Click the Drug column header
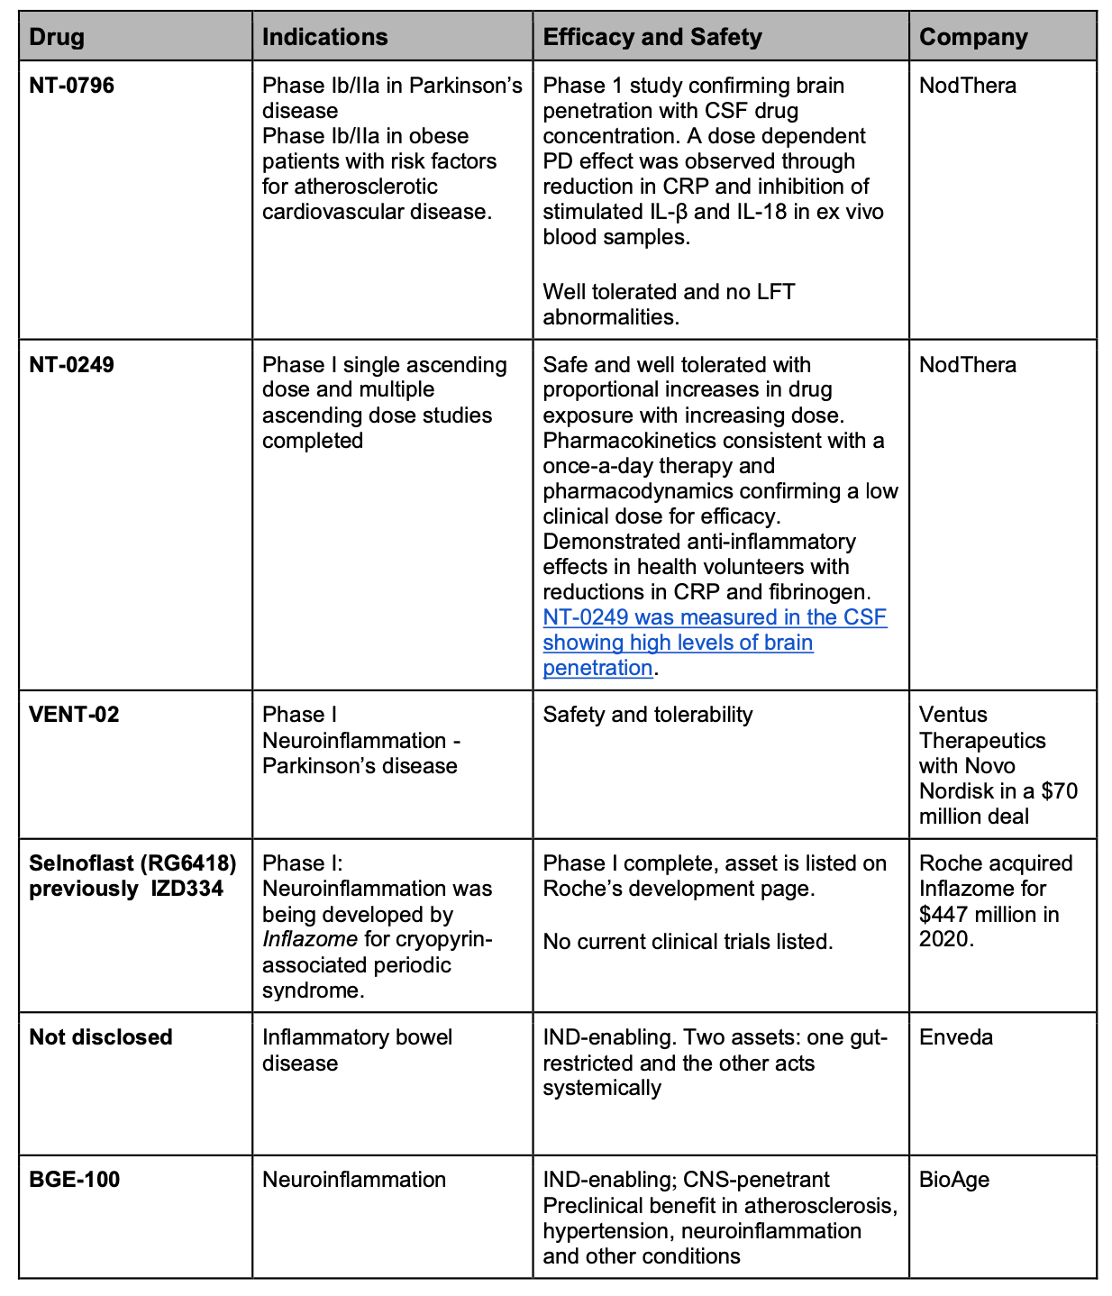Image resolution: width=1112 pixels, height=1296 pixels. coord(57,37)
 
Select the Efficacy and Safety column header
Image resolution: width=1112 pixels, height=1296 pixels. coord(652,37)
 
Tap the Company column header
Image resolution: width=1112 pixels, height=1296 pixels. coord(973,37)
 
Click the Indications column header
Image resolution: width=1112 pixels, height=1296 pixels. coord(324,37)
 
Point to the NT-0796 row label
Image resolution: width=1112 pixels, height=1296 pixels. coord(72,86)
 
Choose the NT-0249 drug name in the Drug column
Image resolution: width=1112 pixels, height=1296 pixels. coord(72,365)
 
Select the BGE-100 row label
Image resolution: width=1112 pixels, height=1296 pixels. coord(75,1180)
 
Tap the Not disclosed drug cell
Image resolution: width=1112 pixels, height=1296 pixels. coord(101,1037)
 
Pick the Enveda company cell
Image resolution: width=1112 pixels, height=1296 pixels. coord(956,1037)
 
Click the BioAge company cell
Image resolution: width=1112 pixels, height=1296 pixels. coord(954,1180)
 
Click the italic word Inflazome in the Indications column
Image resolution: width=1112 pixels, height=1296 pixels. coord(310,940)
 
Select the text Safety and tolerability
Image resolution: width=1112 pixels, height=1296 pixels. coord(647,715)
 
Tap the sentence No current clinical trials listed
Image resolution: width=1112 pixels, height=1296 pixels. coord(688,942)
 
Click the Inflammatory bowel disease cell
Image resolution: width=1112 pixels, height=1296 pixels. coord(357,1050)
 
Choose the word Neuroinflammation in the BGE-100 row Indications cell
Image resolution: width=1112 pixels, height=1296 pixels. coord(354,1180)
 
